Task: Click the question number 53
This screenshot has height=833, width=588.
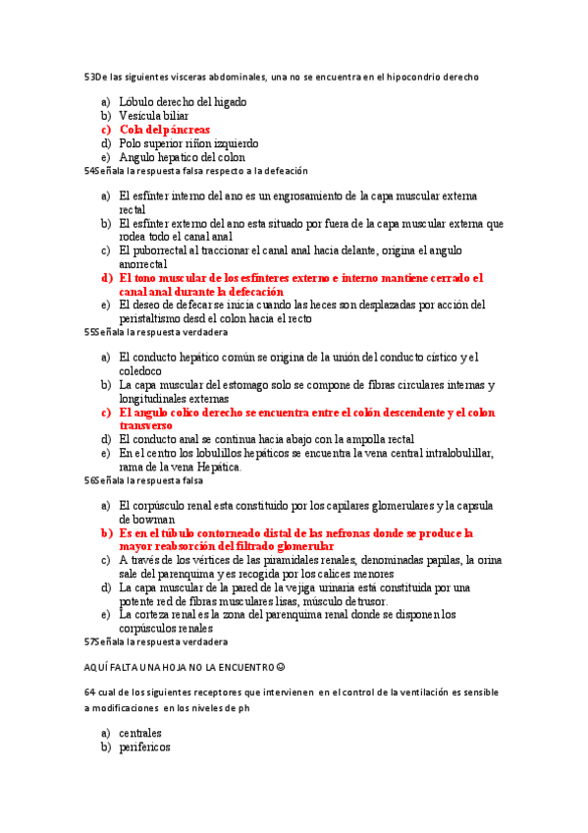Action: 90,76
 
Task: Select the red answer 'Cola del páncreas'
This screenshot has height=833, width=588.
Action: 164,129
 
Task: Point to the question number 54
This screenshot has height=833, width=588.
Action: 90,170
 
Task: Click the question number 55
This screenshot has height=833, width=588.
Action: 90,332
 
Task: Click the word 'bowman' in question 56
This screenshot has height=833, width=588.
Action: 147,519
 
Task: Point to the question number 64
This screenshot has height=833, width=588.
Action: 90,694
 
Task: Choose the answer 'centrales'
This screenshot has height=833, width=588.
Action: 140,733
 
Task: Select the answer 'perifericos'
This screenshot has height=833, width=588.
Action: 144,747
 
